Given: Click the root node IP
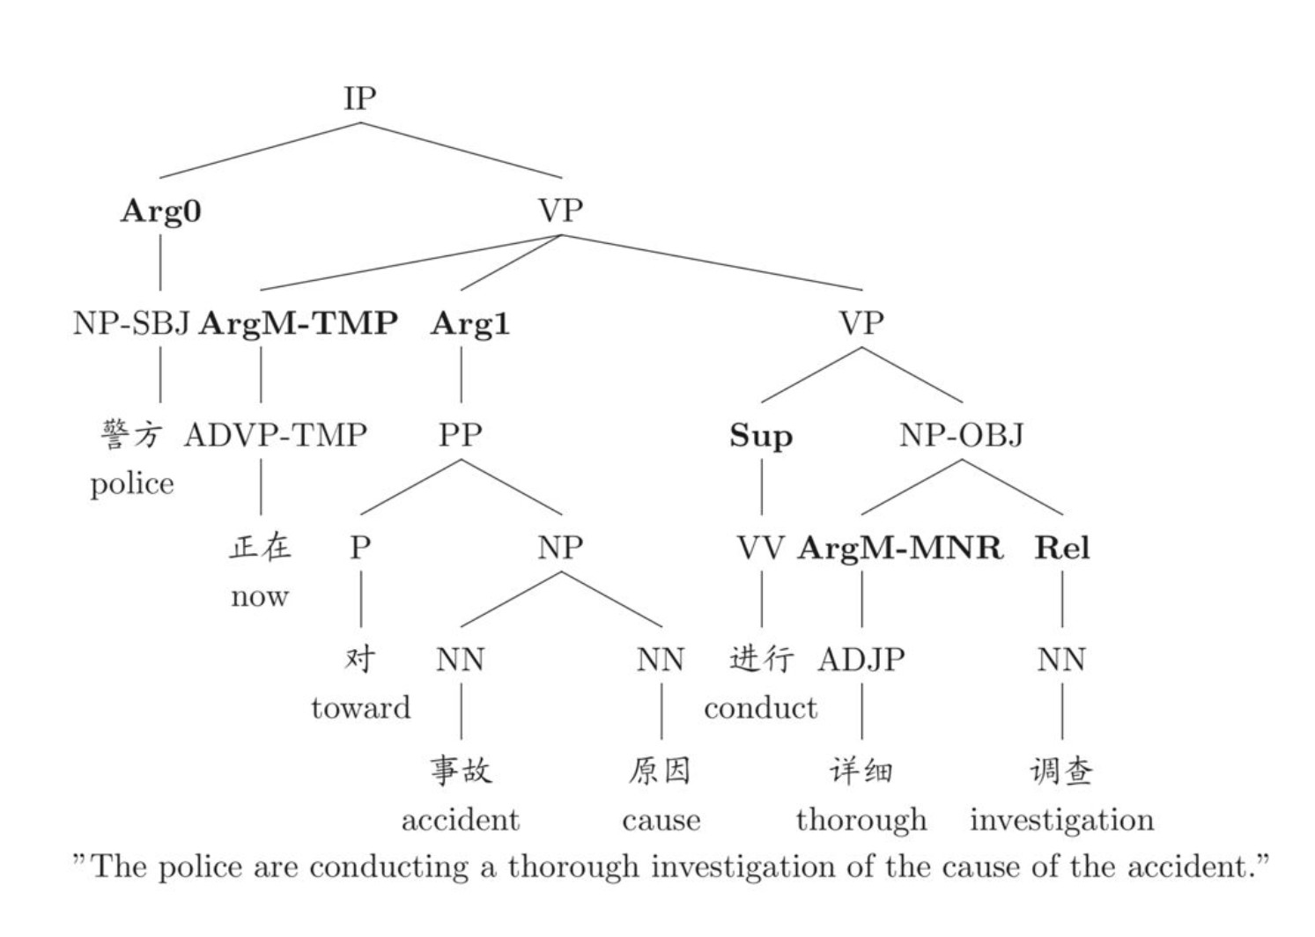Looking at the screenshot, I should pyautogui.click(x=359, y=98).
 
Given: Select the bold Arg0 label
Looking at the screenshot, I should pyautogui.click(x=160, y=210).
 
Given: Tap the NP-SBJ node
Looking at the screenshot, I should pyautogui.click(x=131, y=323).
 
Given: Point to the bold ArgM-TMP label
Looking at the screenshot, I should pyautogui.click(x=298, y=323).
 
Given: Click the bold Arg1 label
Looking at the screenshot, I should pyautogui.click(x=469, y=323).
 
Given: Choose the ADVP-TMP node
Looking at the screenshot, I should pyautogui.click(x=275, y=435).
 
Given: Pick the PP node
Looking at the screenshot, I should pyautogui.click(x=461, y=435).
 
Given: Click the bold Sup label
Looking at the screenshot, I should pyautogui.click(x=761, y=436).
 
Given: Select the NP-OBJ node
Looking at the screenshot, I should pyautogui.click(x=962, y=435).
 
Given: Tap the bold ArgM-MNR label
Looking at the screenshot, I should pyautogui.click(x=899, y=548).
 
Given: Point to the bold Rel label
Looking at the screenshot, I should pyautogui.click(x=1061, y=548).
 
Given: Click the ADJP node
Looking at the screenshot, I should pyautogui.click(x=861, y=660).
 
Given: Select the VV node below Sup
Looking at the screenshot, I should pyautogui.click(x=760, y=548).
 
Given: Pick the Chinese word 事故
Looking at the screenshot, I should pyautogui.click(x=461, y=771).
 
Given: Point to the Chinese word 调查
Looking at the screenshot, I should pyautogui.click(x=1061, y=771).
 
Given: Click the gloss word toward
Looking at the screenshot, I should pyautogui.click(x=360, y=708).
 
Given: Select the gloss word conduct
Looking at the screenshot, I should pyautogui.click(x=760, y=708).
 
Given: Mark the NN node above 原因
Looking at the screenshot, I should pyautogui.click(x=661, y=660).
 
